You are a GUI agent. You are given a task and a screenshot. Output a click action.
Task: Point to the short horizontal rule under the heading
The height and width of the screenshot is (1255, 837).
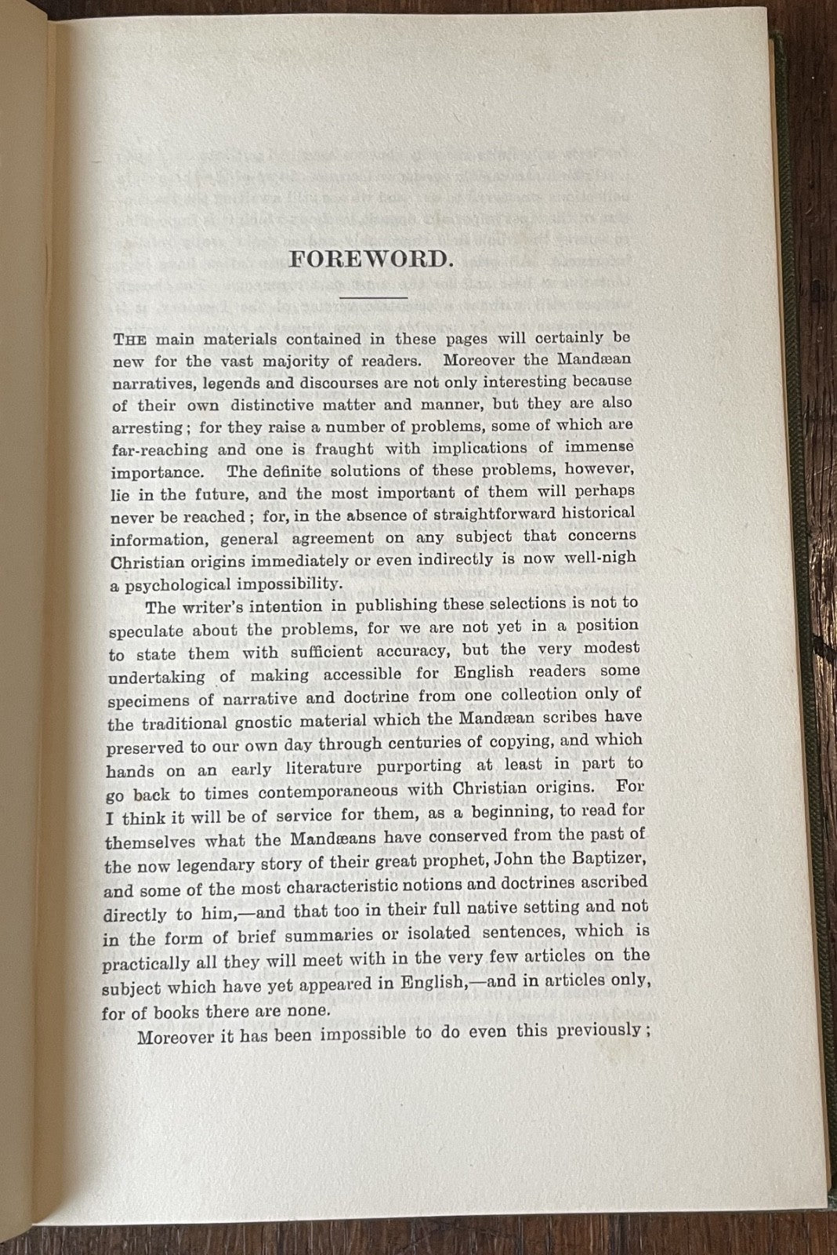point(373,297)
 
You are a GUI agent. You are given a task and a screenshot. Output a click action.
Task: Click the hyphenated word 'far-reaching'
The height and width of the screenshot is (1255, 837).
point(159,450)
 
